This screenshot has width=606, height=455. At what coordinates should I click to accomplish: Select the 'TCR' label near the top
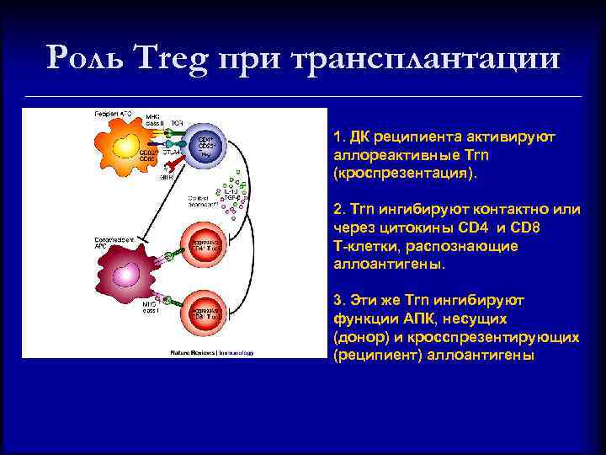(177, 123)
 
